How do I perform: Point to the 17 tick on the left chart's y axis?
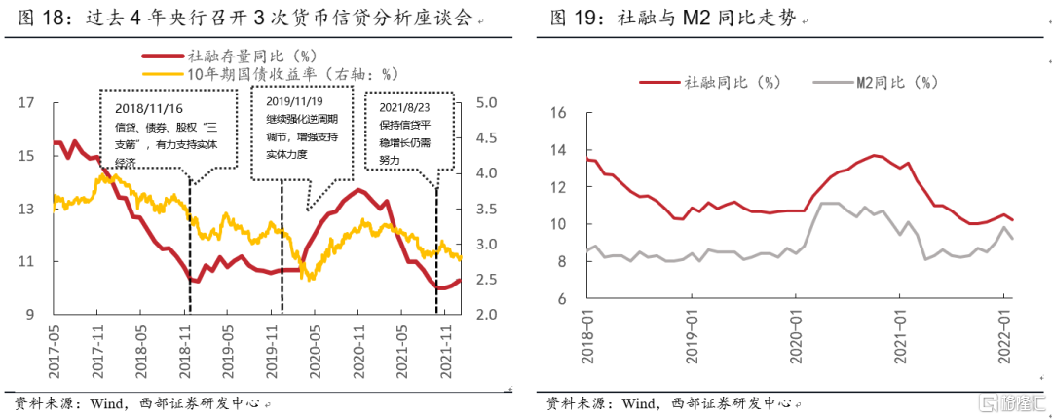coord(26,102)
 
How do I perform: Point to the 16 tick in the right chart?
coord(557,112)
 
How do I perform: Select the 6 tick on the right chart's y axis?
coord(562,298)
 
